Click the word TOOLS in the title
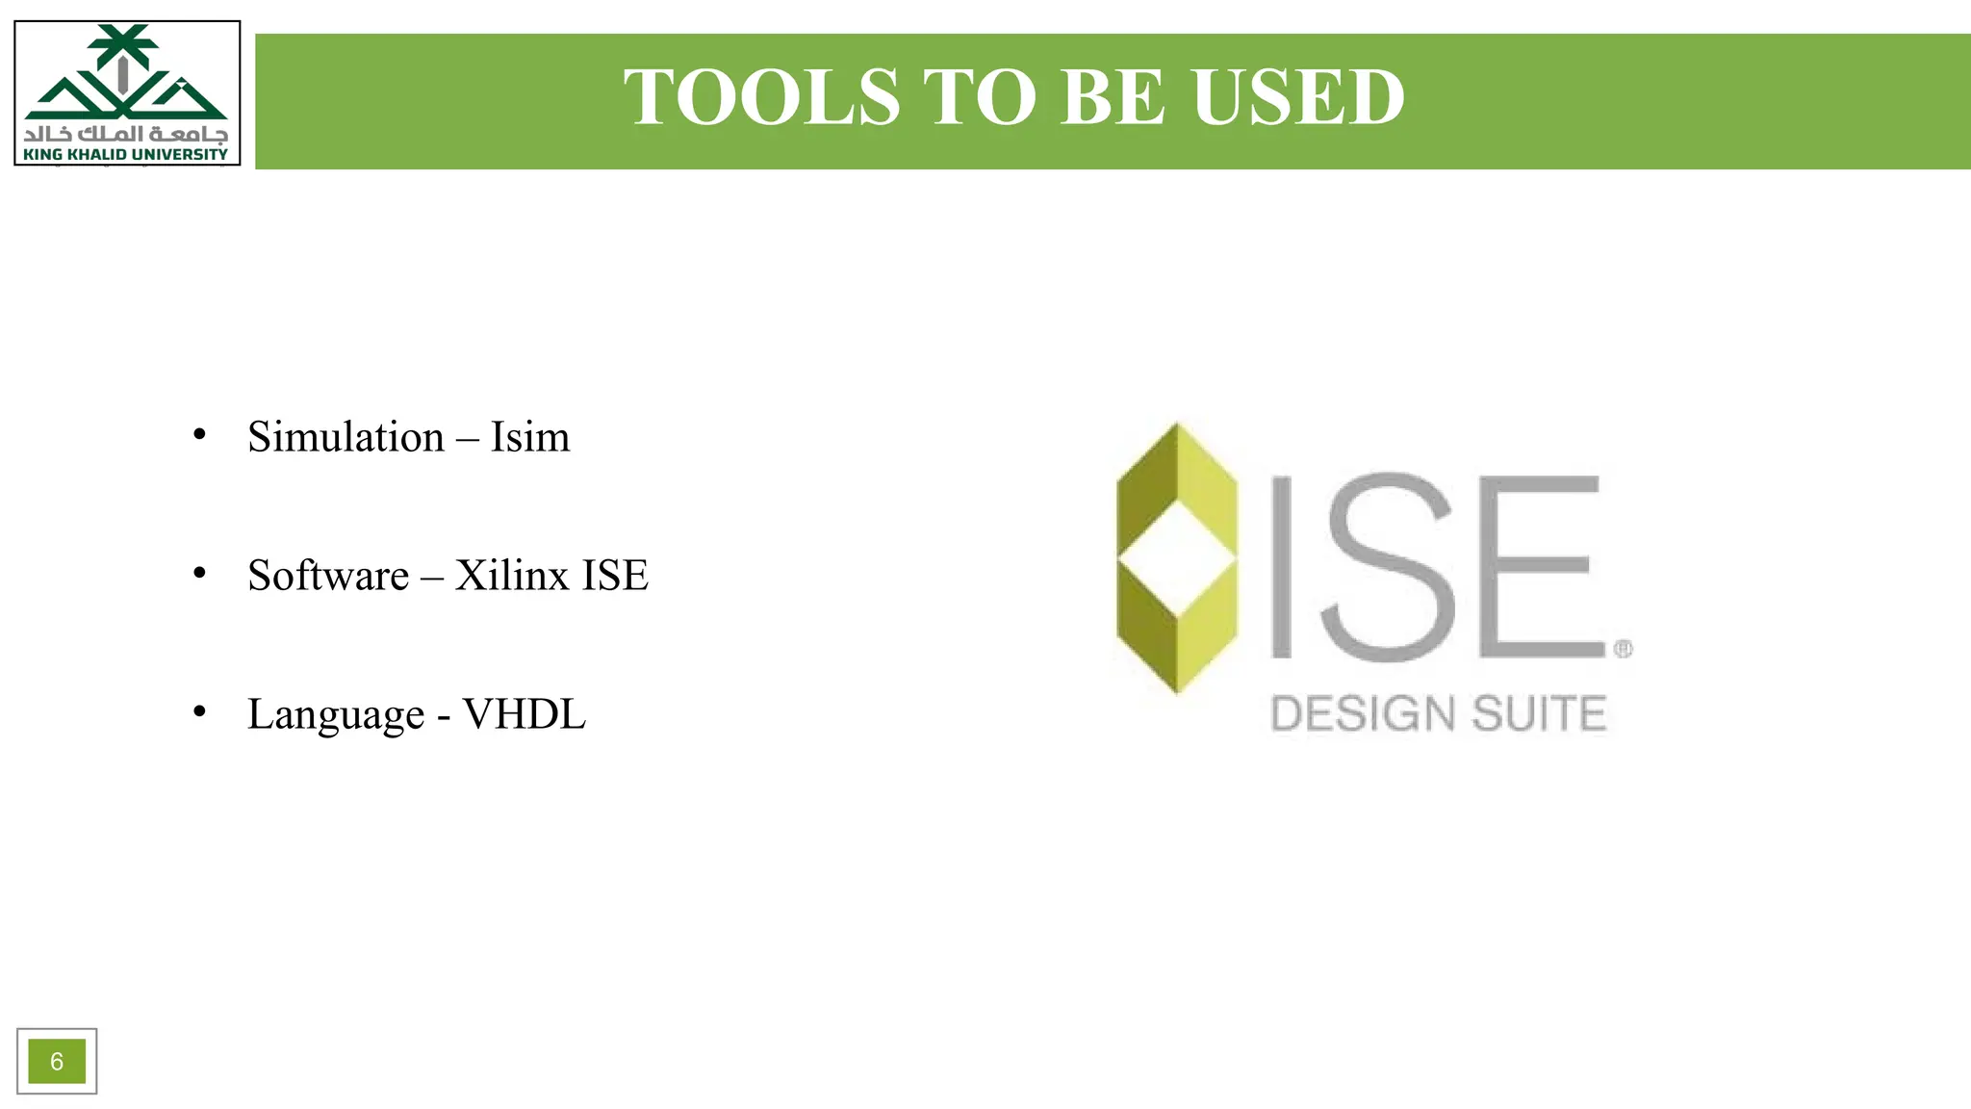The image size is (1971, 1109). [761, 97]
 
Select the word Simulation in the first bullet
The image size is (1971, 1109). [346, 437]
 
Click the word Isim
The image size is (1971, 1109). [530, 437]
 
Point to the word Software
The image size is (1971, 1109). [328, 576]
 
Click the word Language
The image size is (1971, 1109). [336, 714]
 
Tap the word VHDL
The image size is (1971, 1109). [525, 714]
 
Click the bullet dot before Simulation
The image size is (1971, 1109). [199, 434]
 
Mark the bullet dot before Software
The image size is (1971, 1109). [199, 573]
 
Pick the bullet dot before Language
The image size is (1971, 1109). [199, 711]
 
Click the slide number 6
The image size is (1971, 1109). [57, 1061]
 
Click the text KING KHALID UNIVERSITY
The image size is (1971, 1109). [126, 154]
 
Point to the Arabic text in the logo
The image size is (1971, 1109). [126, 133]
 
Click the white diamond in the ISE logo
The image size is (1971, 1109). [1177, 557]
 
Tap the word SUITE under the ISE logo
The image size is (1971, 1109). [1539, 714]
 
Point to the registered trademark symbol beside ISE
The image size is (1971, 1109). [1623, 649]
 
